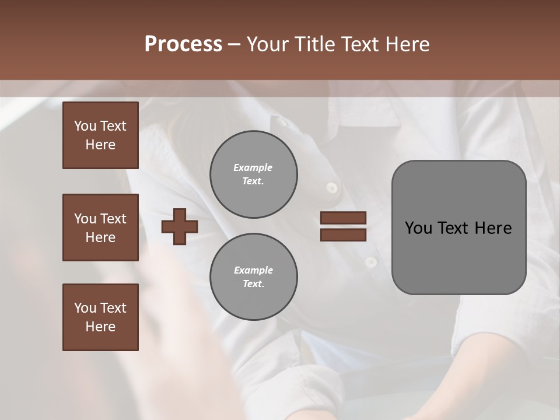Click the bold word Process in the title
pyautogui.click(x=183, y=44)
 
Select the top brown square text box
pyautogui.click(x=100, y=135)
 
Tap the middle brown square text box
pyautogui.click(x=100, y=228)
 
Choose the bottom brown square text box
pyautogui.click(x=100, y=317)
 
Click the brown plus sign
pyautogui.click(x=179, y=226)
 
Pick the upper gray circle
pyautogui.click(x=253, y=174)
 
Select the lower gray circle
pyautogui.click(x=253, y=277)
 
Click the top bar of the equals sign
pyautogui.click(x=344, y=218)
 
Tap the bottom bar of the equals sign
pyautogui.click(x=344, y=235)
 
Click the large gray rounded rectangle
pyautogui.click(x=459, y=228)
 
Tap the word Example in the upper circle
pyautogui.click(x=253, y=167)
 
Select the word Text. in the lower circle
pyautogui.click(x=253, y=284)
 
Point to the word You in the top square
pyautogui.click(x=85, y=126)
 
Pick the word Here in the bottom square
pyautogui.click(x=100, y=327)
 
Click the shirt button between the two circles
pyautogui.click(x=332, y=187)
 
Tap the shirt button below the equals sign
pyautogui.click(x=371, y=262)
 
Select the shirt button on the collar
pyautogui.click(x=282, y=122)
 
